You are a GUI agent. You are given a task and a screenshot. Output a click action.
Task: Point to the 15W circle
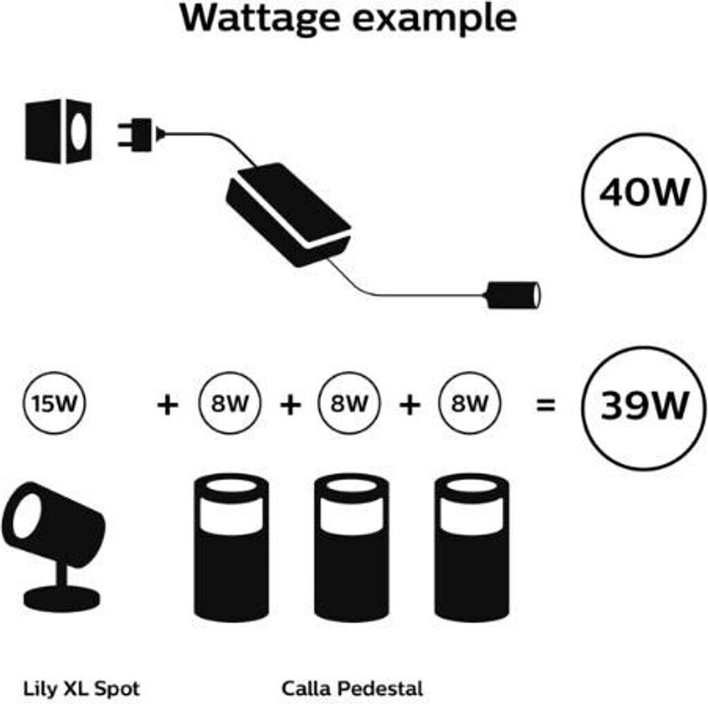click(53, 404)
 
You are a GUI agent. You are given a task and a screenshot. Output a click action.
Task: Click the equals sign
click(546, 406)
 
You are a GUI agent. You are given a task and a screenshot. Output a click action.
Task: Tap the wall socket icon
click(59, 131)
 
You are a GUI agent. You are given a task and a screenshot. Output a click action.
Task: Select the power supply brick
click(289, 213)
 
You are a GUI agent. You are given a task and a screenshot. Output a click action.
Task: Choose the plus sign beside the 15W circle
click(167, 405)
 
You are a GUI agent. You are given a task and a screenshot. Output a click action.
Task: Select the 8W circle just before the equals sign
click(469, 404)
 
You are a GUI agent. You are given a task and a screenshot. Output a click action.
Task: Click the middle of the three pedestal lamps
click(351, 547)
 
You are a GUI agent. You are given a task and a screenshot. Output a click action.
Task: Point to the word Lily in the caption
click(40, 689)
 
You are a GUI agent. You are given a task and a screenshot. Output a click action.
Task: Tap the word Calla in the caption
click(304, 689)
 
